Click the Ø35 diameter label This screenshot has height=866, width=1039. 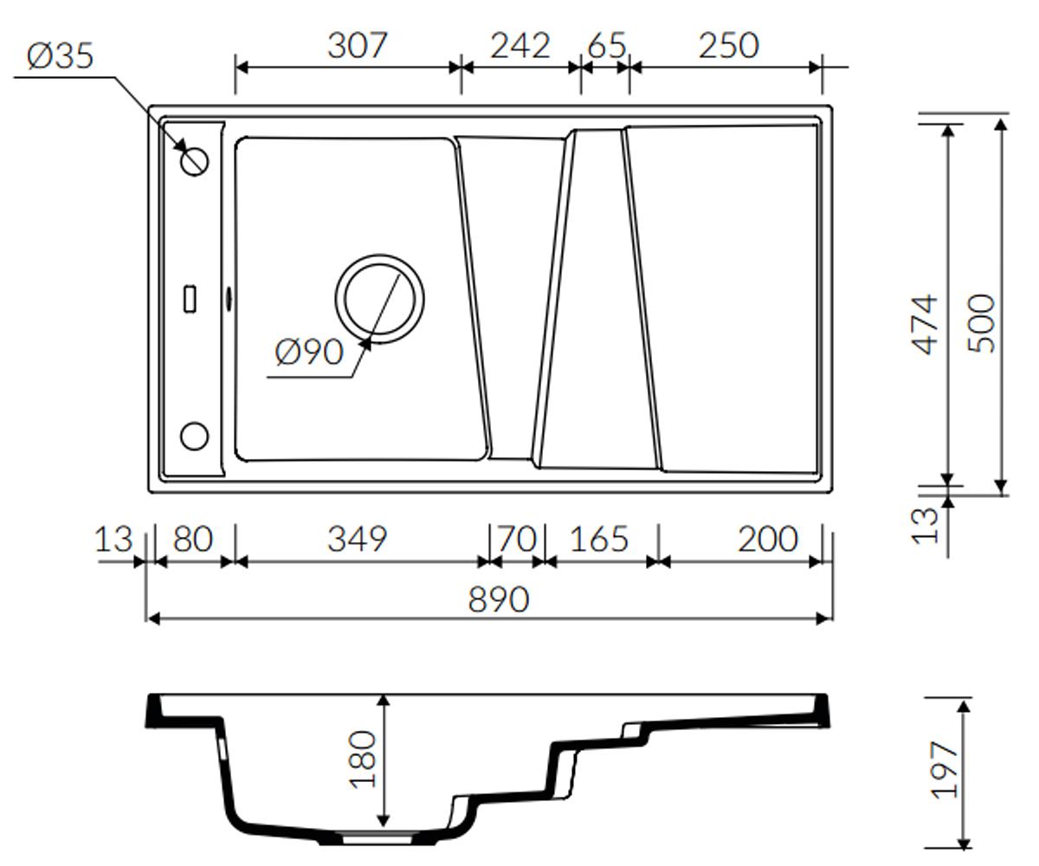61,55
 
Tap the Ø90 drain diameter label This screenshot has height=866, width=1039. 309,352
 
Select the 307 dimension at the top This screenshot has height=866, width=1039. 358,46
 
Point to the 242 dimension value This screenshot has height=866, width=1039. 520,46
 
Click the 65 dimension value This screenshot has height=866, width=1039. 607,46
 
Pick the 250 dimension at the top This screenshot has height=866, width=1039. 729,46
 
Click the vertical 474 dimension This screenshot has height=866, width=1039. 926,325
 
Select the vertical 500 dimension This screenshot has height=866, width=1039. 982,324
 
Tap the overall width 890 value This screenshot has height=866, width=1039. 499,599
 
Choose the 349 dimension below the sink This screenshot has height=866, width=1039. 358,539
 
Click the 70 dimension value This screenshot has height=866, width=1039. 518,539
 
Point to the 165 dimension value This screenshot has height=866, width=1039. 599,539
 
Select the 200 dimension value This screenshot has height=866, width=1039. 768,539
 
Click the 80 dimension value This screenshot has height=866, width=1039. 193,539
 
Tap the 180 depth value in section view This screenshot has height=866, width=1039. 362,759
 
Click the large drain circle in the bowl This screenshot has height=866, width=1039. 380,256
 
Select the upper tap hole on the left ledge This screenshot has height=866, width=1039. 195,147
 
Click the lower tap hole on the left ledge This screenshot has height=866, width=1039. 194,423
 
